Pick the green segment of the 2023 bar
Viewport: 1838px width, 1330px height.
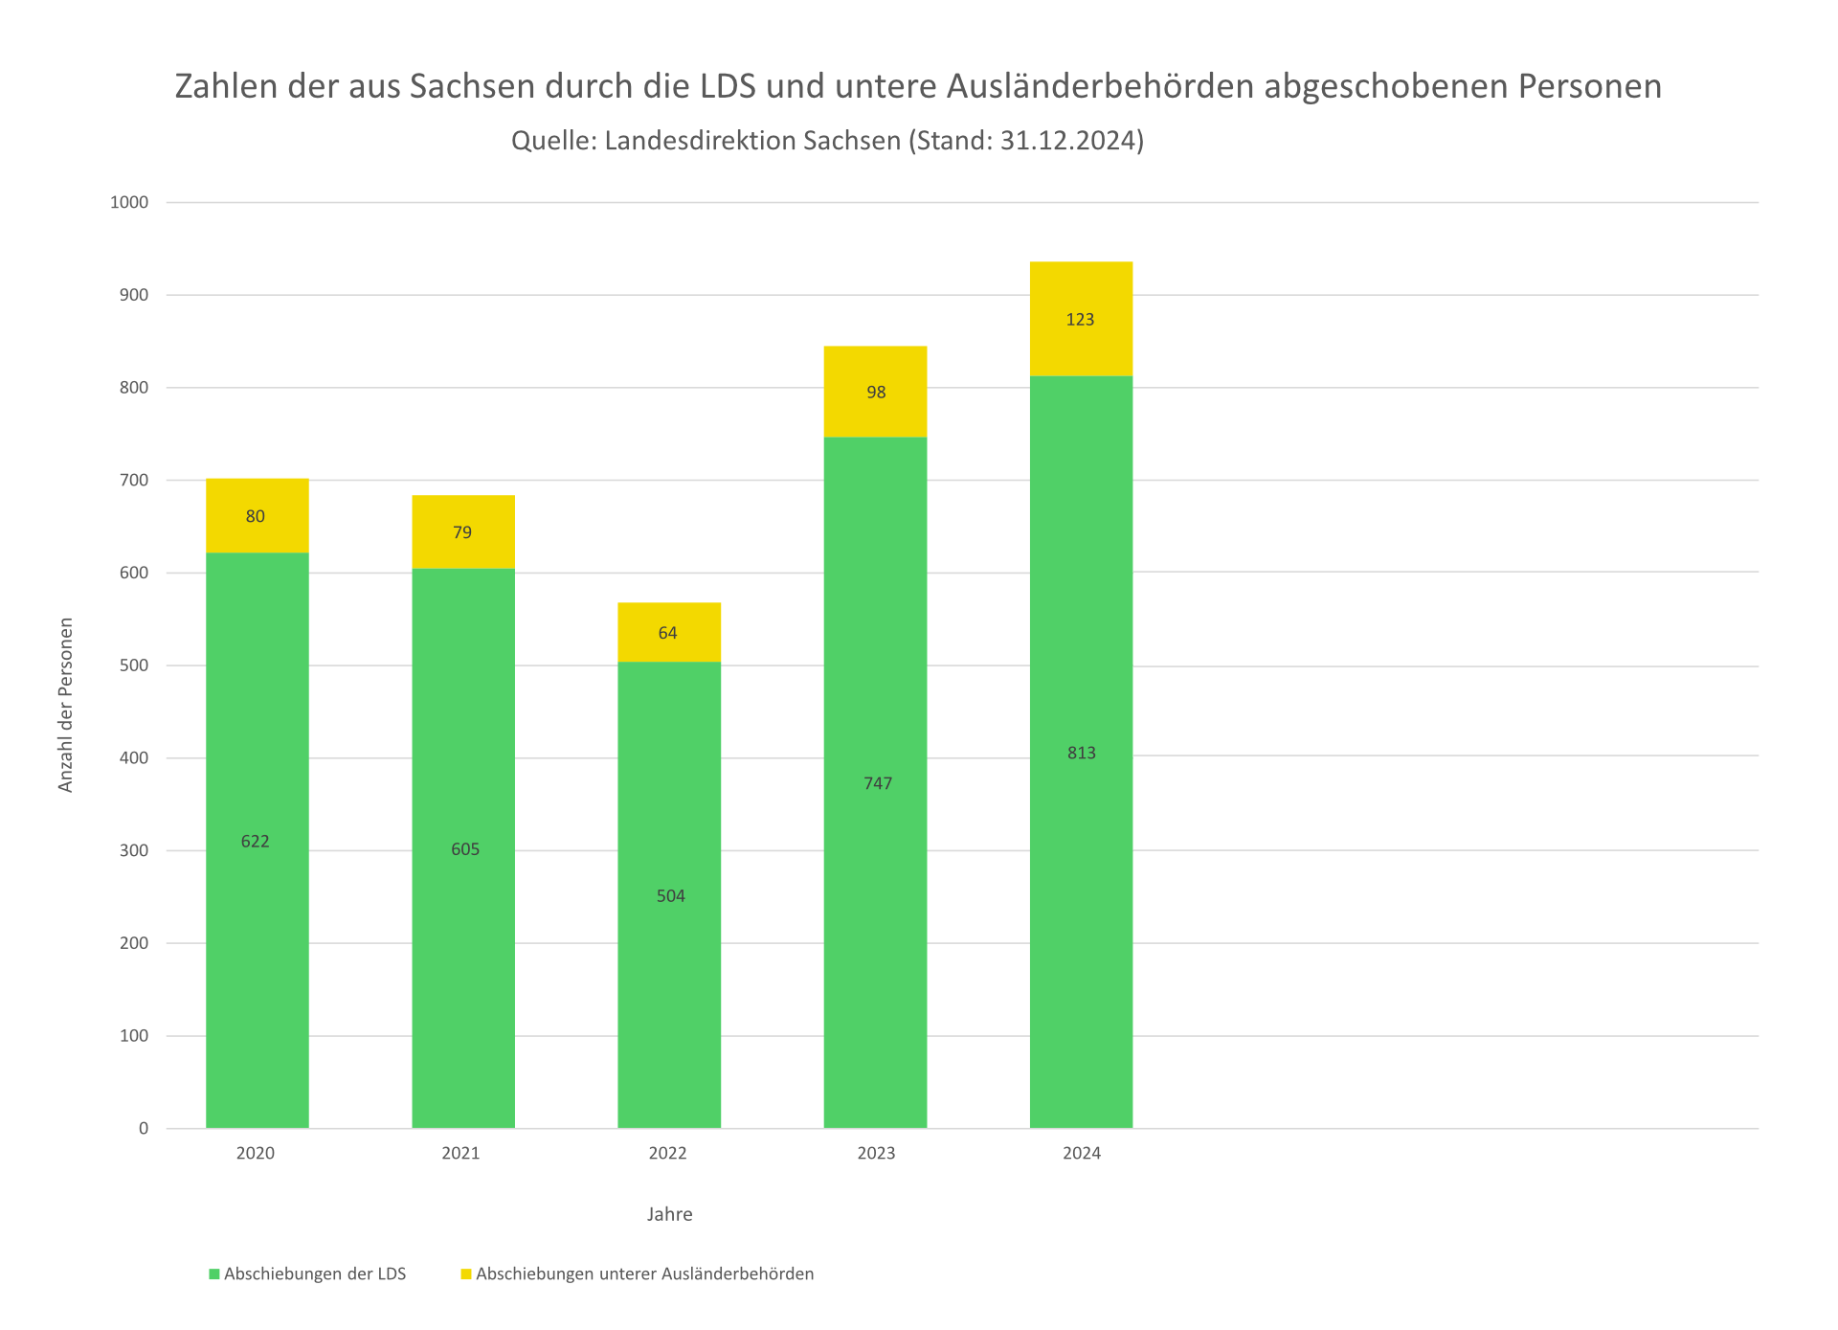(875, 910)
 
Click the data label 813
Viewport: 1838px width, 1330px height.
(1081, 753)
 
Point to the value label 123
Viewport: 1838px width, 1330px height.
(1080, 320)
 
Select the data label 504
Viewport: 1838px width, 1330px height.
(670, 896)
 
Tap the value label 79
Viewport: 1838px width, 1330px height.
(462, 532)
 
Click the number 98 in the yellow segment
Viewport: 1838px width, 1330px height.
(876, 393)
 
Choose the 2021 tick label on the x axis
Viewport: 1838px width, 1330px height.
(460, 1153)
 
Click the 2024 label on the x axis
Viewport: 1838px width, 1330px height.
(1081, 1153)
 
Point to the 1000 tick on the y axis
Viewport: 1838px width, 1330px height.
(129, 202)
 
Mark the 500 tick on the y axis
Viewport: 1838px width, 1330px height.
(134, 665)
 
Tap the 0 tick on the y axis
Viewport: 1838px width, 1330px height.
(144, 1128)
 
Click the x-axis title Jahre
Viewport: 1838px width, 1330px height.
(669, 1214)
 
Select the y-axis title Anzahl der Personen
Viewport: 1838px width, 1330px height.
(65, 705)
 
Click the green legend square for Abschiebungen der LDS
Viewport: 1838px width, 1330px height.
(214, 1274)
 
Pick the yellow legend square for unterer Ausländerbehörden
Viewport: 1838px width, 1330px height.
(466, 1274)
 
